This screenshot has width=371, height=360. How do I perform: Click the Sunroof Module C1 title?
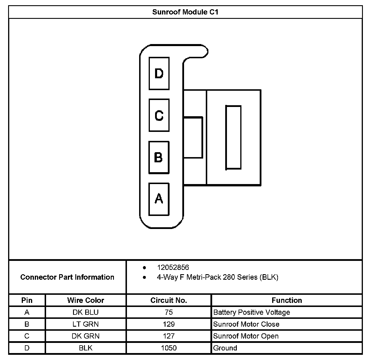coord(185,12)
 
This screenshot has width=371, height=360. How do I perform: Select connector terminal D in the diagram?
coord(159,73)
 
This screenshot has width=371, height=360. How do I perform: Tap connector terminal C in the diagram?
coord(159,115)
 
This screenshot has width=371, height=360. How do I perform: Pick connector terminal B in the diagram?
coord(159,157)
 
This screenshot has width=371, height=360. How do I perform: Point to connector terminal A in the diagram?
coord(159,199)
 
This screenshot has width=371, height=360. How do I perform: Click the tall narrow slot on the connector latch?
coord(233,137)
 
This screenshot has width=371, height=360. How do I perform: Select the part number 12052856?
coord(173,268)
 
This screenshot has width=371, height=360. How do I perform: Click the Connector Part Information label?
coord(67,277)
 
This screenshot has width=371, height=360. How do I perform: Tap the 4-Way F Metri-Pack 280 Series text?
coord(217,277)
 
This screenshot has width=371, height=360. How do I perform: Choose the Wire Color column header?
coord(86,300)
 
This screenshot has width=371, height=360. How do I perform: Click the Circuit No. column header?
coord(169,300)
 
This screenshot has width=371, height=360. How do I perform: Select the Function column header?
coord(287,300)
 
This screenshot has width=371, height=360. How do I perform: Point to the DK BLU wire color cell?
coord(86,312)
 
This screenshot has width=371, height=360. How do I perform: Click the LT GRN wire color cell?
coord(86,324)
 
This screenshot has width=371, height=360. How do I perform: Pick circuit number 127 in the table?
coord(169,336)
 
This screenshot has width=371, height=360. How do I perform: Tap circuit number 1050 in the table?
coord(169,348)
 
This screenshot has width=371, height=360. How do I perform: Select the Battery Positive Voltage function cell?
coord(252,312)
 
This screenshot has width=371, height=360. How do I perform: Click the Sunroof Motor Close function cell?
coord(246,324)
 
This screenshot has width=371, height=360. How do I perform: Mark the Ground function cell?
coord(225,348)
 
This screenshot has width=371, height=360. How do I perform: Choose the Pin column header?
coord(27,300)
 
